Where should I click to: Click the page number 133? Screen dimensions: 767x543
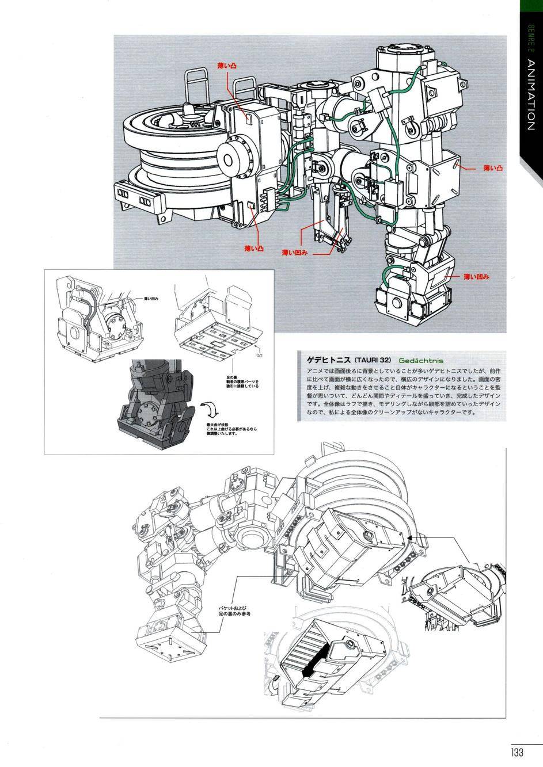pyautogui.click(x=515, y=752)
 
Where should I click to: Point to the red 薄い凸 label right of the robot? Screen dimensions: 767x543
pyautogui.click(x=493, y=169)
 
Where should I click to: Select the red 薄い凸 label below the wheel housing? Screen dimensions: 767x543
pyautogui.click(x=253, y=249)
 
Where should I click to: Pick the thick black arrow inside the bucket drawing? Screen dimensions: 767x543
pyautogui.click(x=316, y=658)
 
